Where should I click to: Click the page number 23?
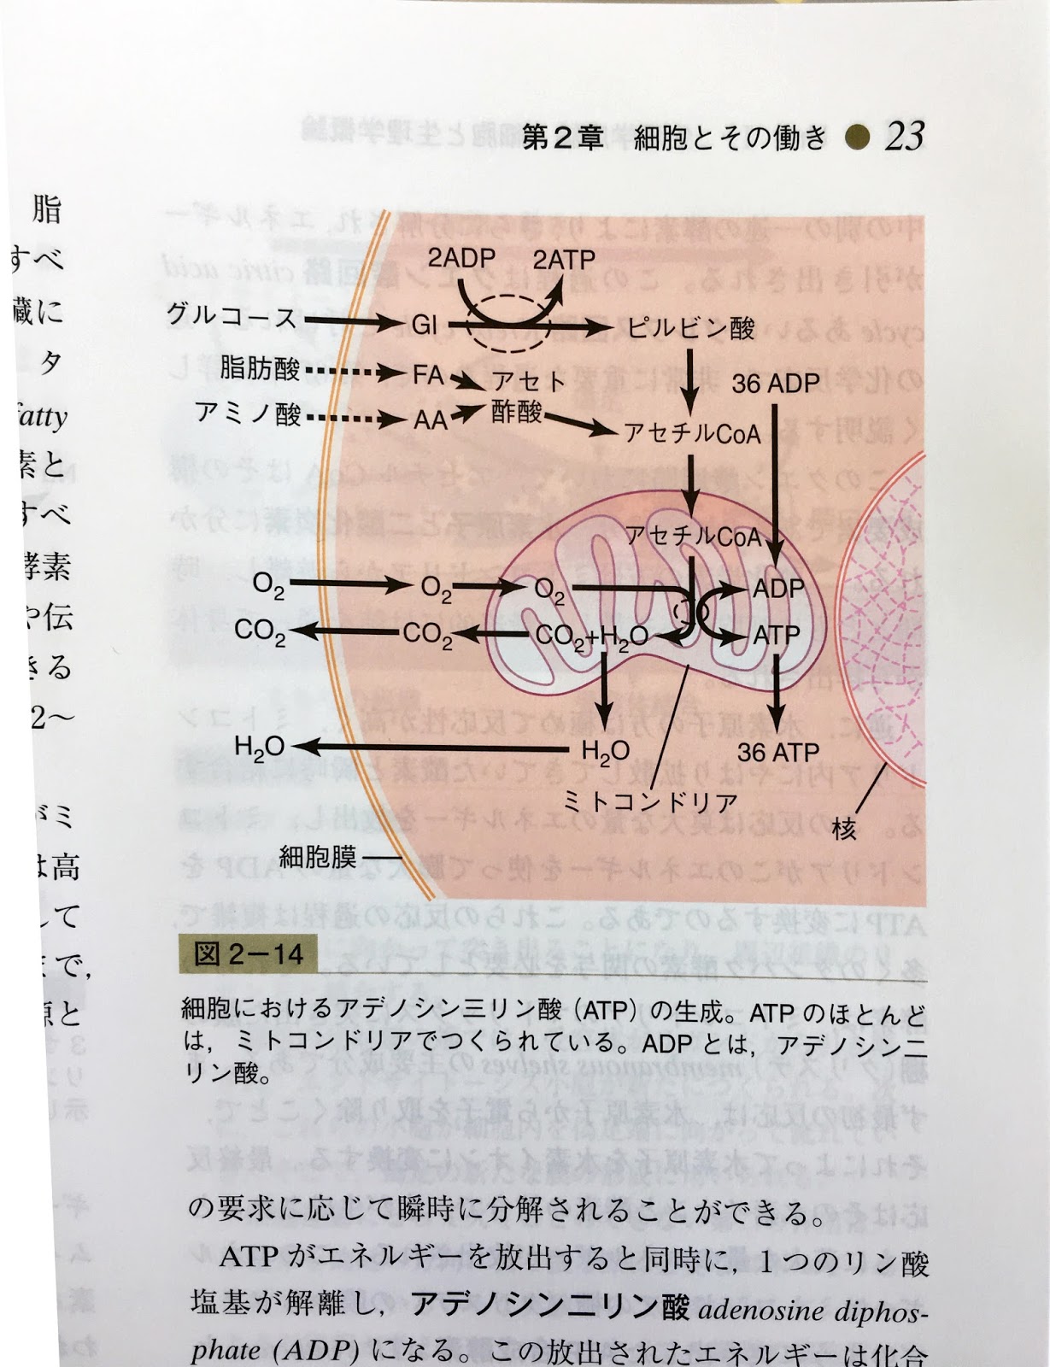pyautogui.click(x=905, y=136)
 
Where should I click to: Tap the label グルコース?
pyautogui.click(x=232, y=317)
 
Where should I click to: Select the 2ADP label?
pyautogui.click(x=461, y=258)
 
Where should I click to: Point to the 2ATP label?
pyautogui.click(x=564, y=259)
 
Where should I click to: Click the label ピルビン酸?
pyautogui.click(x=691, y=326)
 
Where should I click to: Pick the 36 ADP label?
pyautogui.click(x=776, y=384)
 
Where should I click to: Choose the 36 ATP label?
pyautogui.click(x=778, y=753)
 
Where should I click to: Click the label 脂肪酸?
pyautogui.click(x=260, y=369)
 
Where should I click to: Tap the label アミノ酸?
pyautogui.click(x=249, y=414)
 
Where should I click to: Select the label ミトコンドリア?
pyautogui.click(x=650, y=801)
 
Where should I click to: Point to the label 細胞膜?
pyautogui.click(x=317, y=855)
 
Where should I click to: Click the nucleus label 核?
pyautogui.click(x=844, y=828)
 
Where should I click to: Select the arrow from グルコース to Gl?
pyautogui.click(x=351, y=321)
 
